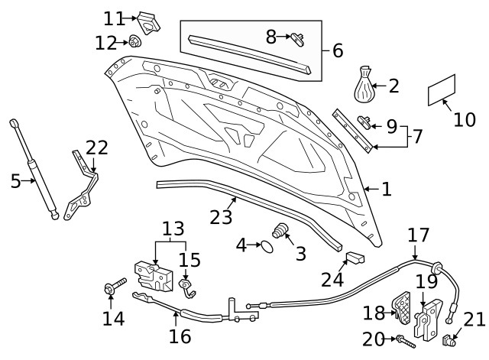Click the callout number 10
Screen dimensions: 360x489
(x=464, y=119)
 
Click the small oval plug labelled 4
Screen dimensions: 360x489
(x=264, y=246)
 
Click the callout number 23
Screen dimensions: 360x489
(x=220, y=217)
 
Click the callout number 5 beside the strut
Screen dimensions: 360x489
(x=15, y=181)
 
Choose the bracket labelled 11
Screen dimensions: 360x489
(x=148, y=22)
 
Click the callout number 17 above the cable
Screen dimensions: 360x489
(x=418, y=235)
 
